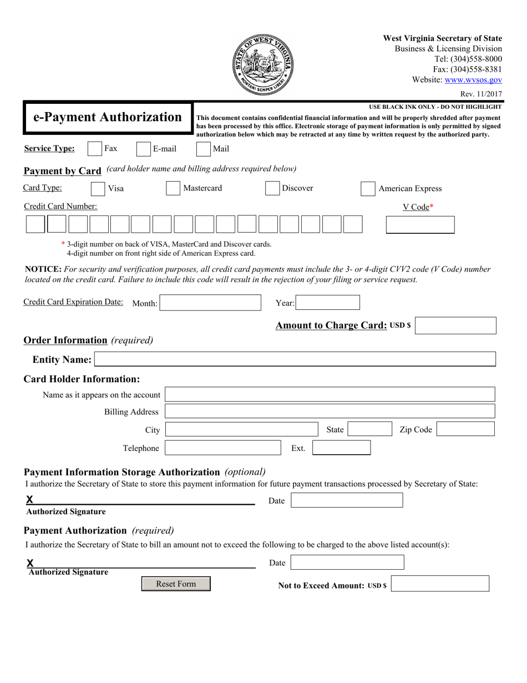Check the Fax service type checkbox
click(95, 149)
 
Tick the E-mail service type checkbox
click(143, 149)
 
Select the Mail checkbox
click(204, 149)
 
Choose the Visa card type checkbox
click(98, 189)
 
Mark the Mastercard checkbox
click(173, 188)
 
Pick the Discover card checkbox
click(272, 188)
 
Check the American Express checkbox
click(368, 189)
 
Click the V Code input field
click(419, 225)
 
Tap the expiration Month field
click(210, 303)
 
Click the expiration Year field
click(327, 303)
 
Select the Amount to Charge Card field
click(455, 325)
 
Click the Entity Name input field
click(295, 359)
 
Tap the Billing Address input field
click(330, 411)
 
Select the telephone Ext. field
click(341, 448)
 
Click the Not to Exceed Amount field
click(440, 584)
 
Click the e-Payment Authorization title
click(108, 118)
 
